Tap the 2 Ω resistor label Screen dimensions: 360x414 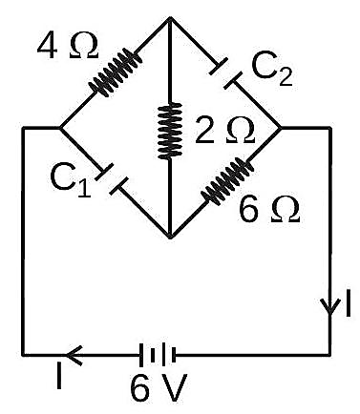(x=224, y=130)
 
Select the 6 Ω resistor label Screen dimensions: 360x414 (x=269, y=210)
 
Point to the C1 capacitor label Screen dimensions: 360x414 (x=71, y=182)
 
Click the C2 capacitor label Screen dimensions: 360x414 (x=272, y=72)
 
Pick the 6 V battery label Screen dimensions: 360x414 (x=159, y=387)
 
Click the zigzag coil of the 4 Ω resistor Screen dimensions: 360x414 (x=115, y=72)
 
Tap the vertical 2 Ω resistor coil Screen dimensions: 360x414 (x=170, y=131)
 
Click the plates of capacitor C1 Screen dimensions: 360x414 (x=113, y=179)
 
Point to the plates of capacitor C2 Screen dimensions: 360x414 (x=225, y=73)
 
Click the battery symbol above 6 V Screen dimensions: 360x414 (x=158, y=355)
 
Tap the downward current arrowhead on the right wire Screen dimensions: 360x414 (x=330, y=307)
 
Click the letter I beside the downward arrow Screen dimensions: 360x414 (x=349, y=303)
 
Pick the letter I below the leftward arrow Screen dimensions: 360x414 (x=59, y=376)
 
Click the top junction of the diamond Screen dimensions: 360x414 (x=170, y=17)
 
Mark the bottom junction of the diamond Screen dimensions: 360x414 (x=170, y=238)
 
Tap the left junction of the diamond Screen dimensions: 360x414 (x=59, y=128)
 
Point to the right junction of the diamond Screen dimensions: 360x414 (x=281, y=128)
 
